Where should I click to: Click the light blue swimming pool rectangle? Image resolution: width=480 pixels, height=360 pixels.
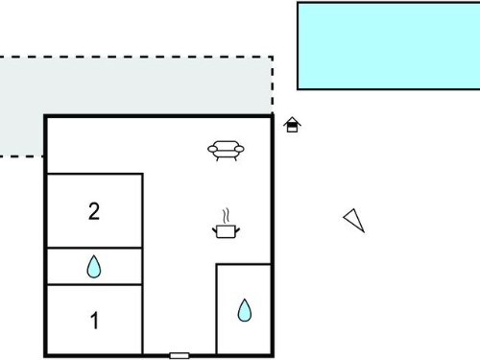click(x=389, y=46)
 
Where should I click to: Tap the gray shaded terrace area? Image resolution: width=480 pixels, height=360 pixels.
click(x=134, y=85)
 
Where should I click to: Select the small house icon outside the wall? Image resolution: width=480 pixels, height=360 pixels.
click(x=292, y=125)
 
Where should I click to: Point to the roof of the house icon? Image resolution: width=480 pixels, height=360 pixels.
click(x=292, y=121)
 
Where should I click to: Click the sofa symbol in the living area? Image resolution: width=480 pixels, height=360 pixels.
click(x=226, y=151)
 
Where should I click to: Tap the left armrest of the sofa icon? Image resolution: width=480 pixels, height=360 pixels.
click(x=213, y=149)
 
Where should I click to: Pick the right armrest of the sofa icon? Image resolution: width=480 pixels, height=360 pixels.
click(x=239, y=149)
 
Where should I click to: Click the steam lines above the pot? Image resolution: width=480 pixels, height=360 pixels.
click(x=227, y=216)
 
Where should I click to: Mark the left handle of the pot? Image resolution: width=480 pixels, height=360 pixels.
click(x=215, y=229)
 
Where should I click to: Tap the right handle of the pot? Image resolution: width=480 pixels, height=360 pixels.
click(x=238, y=229)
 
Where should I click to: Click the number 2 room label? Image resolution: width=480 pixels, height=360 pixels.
click(x=94, y=211)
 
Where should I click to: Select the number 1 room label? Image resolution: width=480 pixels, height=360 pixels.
click(x=94, y=321)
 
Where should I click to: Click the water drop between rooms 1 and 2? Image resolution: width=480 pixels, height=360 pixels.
click(x=94, y=266)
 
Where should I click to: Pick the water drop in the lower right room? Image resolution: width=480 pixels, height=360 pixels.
click(x=245, y=310)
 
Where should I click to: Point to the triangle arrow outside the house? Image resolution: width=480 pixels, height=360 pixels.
click(x=354, y=220)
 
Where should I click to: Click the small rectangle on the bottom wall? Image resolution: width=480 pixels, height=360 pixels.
click(x=180, y=355)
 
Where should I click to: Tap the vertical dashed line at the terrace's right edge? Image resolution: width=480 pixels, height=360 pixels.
click(x=273, y=85)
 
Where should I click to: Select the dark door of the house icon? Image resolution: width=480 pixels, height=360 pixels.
click(x=292, y=128)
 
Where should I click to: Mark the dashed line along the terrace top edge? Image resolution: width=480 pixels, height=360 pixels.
click(x=136, y=58)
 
